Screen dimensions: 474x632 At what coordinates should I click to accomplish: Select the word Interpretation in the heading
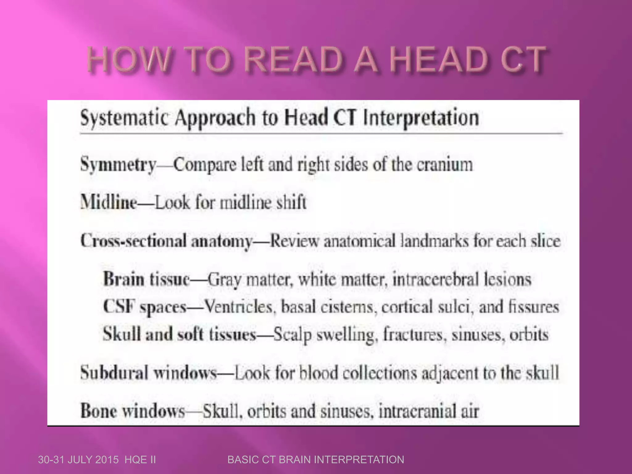(x=421, y=118)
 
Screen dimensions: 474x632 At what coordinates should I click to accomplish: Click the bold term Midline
(x=109, y=202)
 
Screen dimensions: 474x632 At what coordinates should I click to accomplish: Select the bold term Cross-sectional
(x=133, y=241)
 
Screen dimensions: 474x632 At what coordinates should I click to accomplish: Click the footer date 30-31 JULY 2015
(x=78, y=460)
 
